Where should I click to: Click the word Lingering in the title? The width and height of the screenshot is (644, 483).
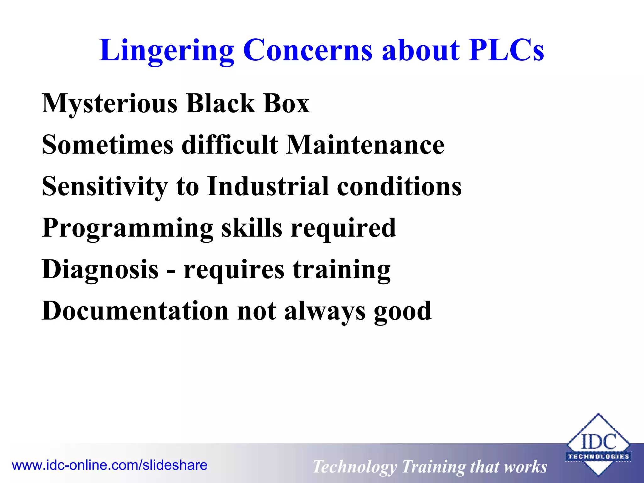[x=167, y=50]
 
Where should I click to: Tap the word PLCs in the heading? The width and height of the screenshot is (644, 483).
[x=506, y=50]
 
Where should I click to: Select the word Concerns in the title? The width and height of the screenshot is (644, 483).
[x=308, y=50]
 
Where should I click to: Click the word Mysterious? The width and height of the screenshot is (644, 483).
[x=109, y=104]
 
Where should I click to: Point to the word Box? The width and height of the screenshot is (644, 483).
[x=286, y=104]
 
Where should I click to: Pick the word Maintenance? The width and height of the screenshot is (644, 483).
[x=365, y=145]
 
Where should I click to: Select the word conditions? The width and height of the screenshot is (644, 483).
[x=399, y=186]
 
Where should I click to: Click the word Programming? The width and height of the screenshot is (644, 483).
[x=127, y=229]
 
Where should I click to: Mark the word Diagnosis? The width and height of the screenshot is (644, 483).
[x=100, y=270]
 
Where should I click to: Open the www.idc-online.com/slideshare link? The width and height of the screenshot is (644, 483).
[x=109, y=465]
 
